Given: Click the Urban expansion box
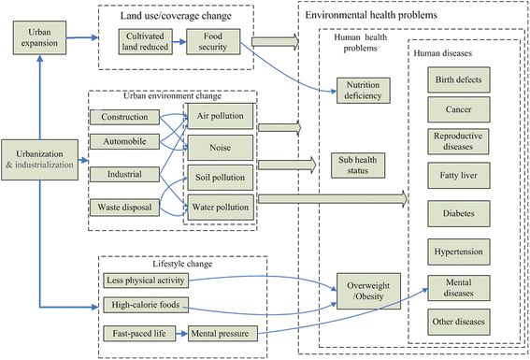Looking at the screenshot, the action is point(39,37).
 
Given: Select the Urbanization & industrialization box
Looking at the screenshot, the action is point(39,160).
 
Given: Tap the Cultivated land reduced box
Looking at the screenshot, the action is point(145,41).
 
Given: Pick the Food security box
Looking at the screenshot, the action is point(213,41).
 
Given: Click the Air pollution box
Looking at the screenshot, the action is point(220,116).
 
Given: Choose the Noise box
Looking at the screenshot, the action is point(220,148).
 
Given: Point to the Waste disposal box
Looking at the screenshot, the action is point(124,208).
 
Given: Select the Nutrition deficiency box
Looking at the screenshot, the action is point(364,91).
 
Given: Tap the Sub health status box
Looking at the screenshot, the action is point(358,166).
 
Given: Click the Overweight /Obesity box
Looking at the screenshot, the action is point(369,291).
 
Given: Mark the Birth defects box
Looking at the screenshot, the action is point(459,79).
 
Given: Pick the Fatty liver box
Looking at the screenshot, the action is point(459,176).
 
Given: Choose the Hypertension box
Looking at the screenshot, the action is point(459,252).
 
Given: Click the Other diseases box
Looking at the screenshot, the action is point(459,322).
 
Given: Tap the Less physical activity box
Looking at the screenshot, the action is point(146,281).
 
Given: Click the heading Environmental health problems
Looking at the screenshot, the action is point(371,15).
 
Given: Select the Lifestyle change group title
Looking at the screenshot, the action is point(182,264).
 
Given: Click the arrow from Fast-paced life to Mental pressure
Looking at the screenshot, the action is point(181,334).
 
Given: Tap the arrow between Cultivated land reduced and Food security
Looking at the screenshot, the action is point(179,42).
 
